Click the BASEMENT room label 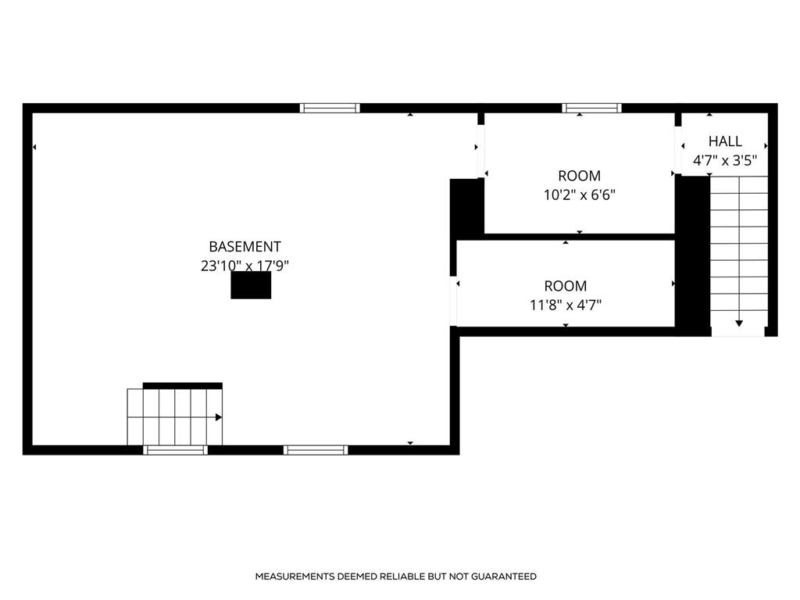tap(245, 247)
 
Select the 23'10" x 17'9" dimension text tap(245, 266)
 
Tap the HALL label tap(725, 141)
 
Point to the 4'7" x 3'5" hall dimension tap(725, 161)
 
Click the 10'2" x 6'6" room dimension tap(580, 195)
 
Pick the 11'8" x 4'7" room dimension tap(566, 305)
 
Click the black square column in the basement tap(251, 285)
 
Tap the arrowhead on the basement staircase tap(219, 417)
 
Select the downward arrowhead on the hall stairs tap(739, 323)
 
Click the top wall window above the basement tap(330, 108)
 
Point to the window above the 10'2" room tap(592, 108)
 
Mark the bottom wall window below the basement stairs tap(176, 449)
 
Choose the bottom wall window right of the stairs tap(315, 449)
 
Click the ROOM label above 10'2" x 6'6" tap(580, 176)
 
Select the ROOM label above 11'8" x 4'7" tap(566, 286)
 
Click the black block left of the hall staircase tap(692, 254)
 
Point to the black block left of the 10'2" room tap(467, 208)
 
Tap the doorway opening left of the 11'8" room tap(453, 301)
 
